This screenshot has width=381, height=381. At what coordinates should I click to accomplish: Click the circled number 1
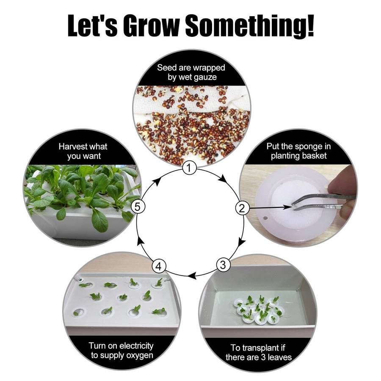pyautogui.click(x=189, y=168)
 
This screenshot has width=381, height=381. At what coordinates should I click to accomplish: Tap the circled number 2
pyautogui.click(x=242, y=208)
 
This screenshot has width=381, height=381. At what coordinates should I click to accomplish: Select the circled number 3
pyautogui.click(x=223, y=265)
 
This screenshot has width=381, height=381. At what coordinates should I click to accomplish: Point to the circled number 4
pyautogui.click(x=159, y=266)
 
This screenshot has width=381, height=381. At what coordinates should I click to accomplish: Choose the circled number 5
pyautogui.click(x=138, y=207)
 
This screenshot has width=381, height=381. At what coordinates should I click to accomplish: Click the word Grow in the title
pyautogui.click(x=152, y=25)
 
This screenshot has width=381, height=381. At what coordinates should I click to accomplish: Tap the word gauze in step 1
pyautogui.click(x=204, y=77)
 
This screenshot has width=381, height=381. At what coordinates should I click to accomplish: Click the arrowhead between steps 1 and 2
pyautogui.click(x=223, y=180)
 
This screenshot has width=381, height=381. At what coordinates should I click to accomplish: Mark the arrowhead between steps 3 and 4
pyautogui.click(x=193, y=276)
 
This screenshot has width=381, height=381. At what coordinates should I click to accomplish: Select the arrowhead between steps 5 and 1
pyautogui.click(x=158, y=181)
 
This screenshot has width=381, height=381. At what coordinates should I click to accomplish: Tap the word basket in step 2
pyautogui.click(x=314, y=156)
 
